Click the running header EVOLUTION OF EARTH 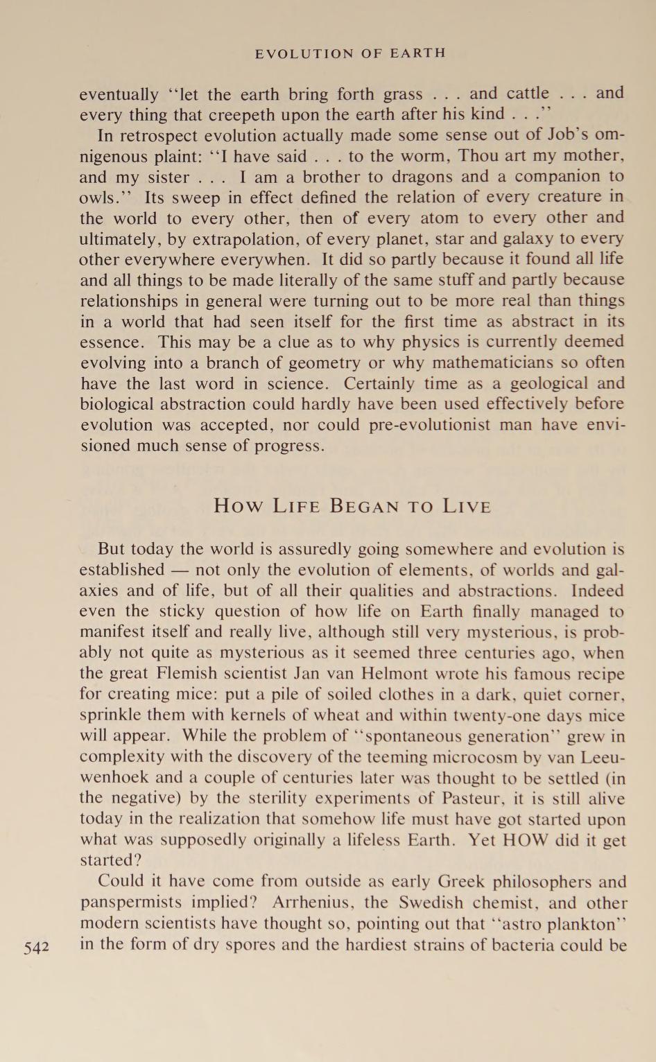350,53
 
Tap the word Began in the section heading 366,506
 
